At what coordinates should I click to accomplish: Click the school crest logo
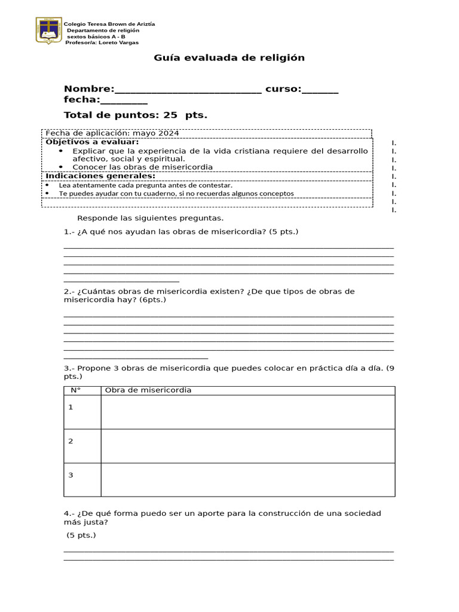click(x=48, y=30)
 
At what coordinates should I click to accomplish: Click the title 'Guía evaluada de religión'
click(x=229, y=58)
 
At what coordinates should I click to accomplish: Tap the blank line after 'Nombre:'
click(x=188, y=90)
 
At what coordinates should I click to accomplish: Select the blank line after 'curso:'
click(x=320, y=90)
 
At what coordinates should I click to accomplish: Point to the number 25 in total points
click(x=163, y=115)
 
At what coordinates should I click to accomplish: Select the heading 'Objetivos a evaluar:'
click(x=92, y=142)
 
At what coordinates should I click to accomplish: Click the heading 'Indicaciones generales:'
click(x=100, y=176)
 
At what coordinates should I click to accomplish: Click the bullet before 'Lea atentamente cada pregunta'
click(x=48, y=185)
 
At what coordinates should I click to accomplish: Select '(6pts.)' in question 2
click(x=153, y=300)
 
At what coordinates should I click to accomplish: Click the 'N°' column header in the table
click(x=76, y=390)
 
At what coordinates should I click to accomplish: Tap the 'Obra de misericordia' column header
click(x=148, y=390)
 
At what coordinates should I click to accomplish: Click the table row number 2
click(x=71, y=441)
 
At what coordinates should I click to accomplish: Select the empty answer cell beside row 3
click(x=247, y=479)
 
